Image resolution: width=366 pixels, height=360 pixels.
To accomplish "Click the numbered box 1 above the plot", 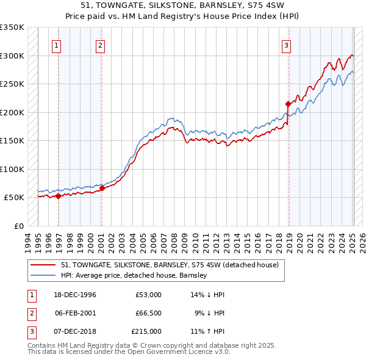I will (x=56, y=45).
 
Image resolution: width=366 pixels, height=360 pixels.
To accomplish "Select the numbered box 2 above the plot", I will (x=99, y=45).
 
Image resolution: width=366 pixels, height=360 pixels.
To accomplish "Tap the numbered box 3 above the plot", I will (x=286, y=45).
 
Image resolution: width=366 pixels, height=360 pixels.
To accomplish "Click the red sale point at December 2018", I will (x=287, y=104).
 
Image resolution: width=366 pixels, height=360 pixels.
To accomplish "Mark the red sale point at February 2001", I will (x=102, y=188).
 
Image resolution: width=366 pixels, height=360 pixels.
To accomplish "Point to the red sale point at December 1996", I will (x=59, y=196).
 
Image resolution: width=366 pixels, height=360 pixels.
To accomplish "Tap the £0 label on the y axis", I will (x=18, y=226).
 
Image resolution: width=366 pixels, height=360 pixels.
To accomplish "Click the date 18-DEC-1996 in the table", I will (x=76, y=295).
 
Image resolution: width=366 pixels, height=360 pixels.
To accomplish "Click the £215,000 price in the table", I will (x=146, y=331).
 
